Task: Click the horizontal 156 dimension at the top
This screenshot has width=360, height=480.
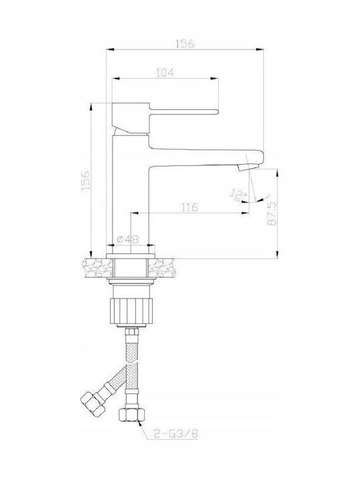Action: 185,44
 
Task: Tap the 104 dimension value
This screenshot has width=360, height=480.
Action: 165,73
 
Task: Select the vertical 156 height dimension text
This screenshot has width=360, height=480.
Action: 86,180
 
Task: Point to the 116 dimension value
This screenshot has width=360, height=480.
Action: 190,207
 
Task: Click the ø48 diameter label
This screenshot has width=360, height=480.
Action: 127,239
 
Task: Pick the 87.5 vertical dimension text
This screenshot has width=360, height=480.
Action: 272,214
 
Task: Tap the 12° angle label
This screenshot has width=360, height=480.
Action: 239,195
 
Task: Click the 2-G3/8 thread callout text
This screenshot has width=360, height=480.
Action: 176,433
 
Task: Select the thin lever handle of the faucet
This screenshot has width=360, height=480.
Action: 184,111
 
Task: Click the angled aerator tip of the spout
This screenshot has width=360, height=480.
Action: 247,167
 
